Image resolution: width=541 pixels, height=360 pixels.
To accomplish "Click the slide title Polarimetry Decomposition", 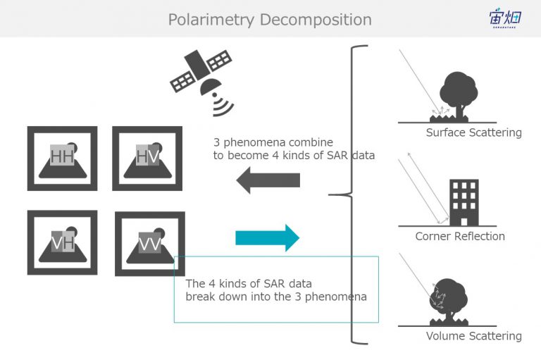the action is (x=270, y=20).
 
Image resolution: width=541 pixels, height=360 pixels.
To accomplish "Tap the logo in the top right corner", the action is (x=505, y=18).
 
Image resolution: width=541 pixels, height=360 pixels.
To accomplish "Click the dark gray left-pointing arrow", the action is (x=268, y=180).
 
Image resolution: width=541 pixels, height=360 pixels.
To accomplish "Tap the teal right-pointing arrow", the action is (x=268, y=238).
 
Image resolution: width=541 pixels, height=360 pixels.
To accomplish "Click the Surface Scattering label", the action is (x=473, y=132).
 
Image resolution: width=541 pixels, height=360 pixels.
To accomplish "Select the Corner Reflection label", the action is (x=460, y=237).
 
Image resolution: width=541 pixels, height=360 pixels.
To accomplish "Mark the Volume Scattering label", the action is (x=473, y=336).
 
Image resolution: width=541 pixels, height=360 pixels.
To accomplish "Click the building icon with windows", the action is (x=464, y=203).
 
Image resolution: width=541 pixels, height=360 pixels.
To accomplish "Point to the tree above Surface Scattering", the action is (x=459, y=96).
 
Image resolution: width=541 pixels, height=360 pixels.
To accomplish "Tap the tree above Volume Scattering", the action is (x=449, y=300).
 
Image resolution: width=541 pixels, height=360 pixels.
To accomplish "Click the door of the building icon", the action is (x=464, y=222).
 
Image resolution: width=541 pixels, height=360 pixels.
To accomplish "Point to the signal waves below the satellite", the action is (x=223, y=105).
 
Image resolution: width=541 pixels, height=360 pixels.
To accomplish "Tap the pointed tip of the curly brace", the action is (x=329, y=195).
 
